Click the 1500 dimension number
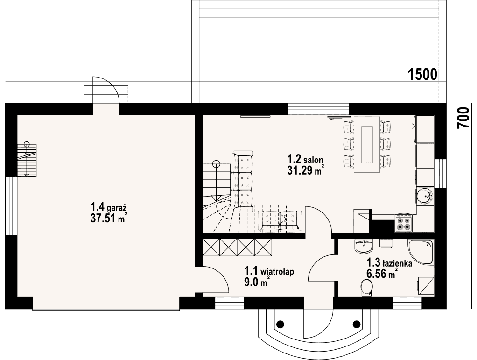pyautogui.click(x=422, y=74)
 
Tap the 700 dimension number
pyautogui.click(x=463, y=118)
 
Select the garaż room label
pyautogui.click(x=109, y=207)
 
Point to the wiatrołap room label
pyautogui.click(x=269, y=271)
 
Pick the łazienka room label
pyautogui.click(x=389, y=262)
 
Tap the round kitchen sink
pyautogui.click(x=424, y=196)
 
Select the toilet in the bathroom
pyautogui.click(x=366, y=288)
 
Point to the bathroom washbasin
pyautogui.click(x=364, y=246)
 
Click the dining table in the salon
pyautogui.click(x=366, y=145)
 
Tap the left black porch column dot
pyautogui.click(x=280, y=324)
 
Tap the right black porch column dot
pyautogui.click(x=356, y=324)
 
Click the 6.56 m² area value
pyautogui.click(x=382, y=273)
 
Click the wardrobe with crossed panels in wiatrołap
pyautogui.click(x=237, y=247)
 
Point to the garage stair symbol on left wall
pyautogui.click(x=27, y=160)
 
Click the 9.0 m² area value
pyautogui.click(x=256, y=282)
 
